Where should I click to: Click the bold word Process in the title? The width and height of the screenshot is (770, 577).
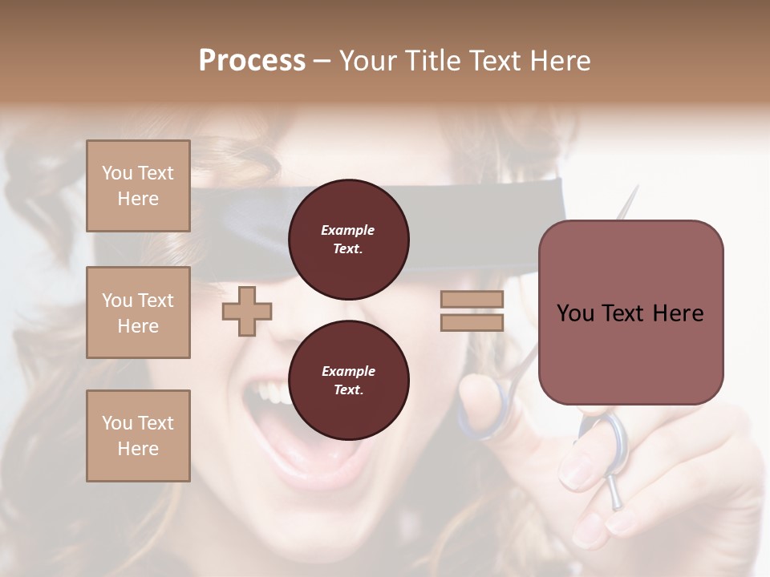pos(252,61)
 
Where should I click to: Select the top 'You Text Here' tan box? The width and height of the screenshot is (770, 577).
pos(138,186)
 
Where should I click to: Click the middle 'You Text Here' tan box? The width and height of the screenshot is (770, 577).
pos(138,313)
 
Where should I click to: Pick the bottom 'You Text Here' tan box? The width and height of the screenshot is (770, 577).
pos(138,436)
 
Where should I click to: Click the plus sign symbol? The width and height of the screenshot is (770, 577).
pos(247,311)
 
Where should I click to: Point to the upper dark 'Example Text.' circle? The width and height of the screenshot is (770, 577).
pos(348,239)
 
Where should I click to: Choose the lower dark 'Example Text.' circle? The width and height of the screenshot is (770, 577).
pos(348,380)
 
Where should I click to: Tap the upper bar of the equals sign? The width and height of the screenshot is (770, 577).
pos(472,299)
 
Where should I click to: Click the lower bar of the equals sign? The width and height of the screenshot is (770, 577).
pos(472,322)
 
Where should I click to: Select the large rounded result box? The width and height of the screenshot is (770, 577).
pos(630,313)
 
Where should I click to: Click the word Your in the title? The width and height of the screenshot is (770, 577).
pos(368,61)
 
